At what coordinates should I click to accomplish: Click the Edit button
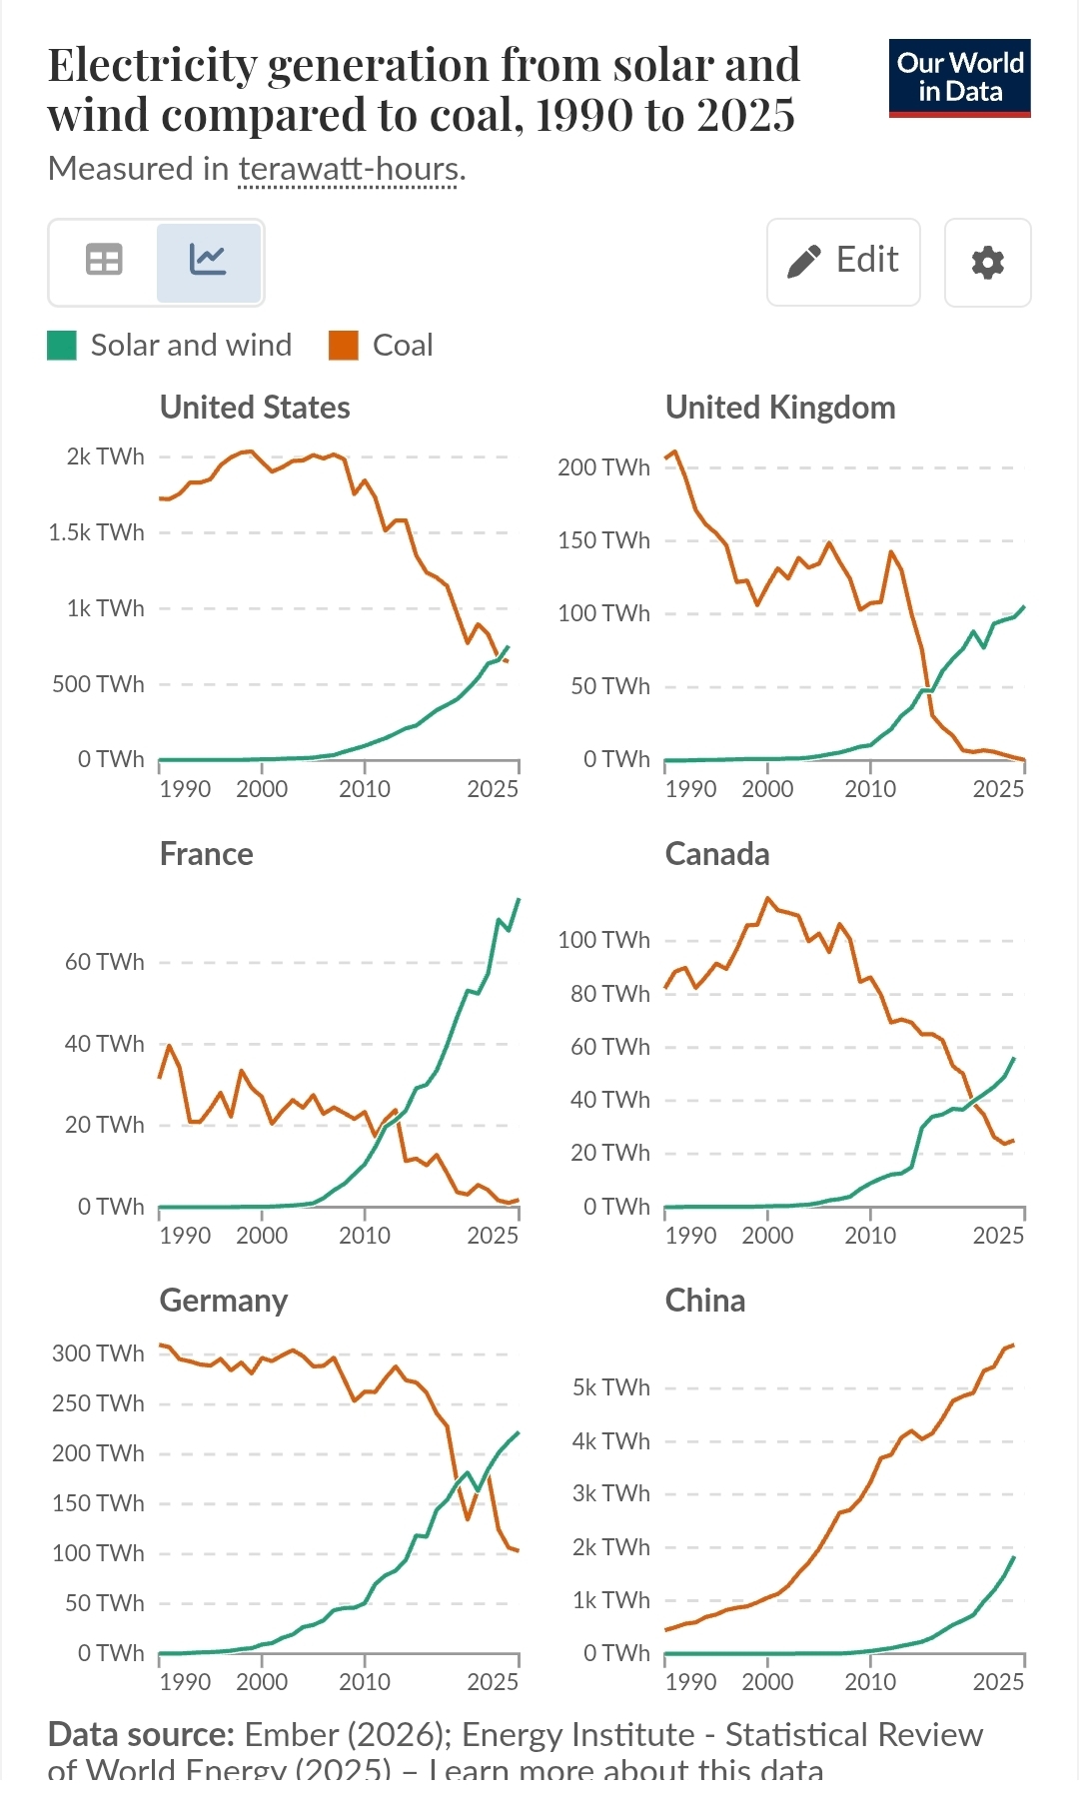843,262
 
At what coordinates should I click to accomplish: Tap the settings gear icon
987,263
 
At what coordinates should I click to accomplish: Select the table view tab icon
104,261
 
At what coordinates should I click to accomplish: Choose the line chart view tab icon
208,261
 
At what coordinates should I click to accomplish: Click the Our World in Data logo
959,78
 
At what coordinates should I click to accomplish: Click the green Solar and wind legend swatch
62,346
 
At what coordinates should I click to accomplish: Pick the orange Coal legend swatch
344,346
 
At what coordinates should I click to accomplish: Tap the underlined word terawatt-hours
349,169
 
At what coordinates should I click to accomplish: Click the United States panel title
255,408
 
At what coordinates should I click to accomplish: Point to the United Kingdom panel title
780,408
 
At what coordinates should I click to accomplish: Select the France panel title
206,854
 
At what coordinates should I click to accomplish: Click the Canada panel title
717,854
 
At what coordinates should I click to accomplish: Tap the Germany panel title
224,1301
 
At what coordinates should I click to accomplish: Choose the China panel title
705,1301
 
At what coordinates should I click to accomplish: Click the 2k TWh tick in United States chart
105,456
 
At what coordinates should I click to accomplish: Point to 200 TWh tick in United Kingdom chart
603,467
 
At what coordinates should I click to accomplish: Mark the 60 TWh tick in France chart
104,962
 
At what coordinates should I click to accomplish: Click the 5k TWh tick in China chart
610,1387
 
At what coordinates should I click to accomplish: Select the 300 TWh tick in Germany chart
98,1353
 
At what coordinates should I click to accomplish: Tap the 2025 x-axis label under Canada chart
998,1236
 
